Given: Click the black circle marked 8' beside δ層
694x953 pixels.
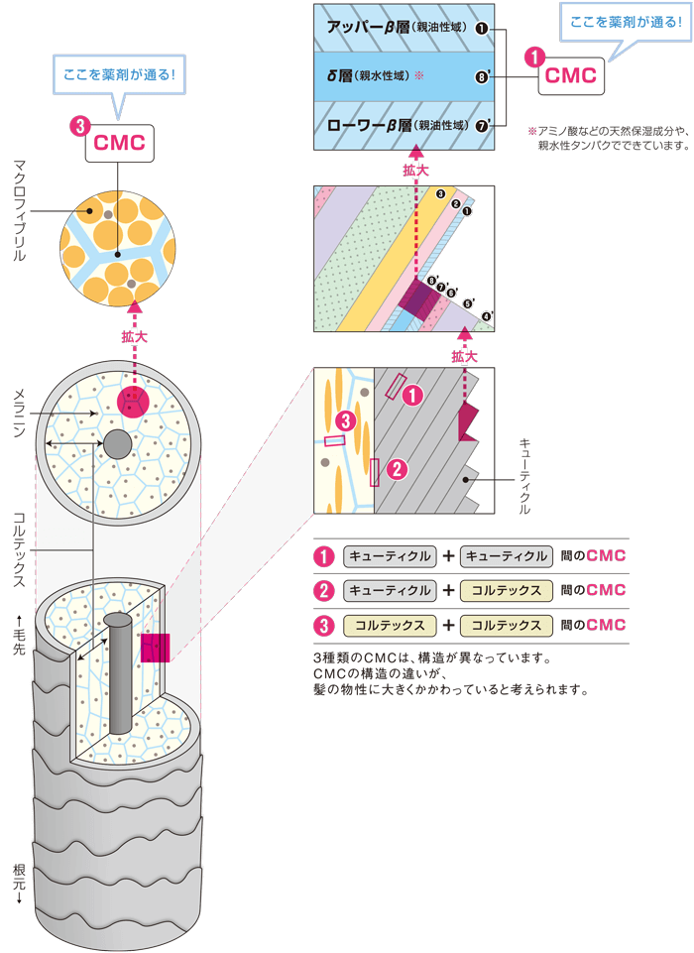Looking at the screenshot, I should [x=481, y=75].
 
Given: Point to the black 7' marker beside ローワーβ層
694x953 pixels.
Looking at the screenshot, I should [x=481, y=126].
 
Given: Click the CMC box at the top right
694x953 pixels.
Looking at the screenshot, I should [x=571, y=75].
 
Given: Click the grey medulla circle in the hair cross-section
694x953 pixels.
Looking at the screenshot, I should [x=117, y=444].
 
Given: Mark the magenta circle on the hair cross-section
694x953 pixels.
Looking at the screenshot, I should [x=133, y=403].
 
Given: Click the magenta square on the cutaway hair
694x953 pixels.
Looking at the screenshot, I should [x=156, y=648].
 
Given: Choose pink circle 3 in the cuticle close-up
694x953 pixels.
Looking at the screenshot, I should [x=344, y=420].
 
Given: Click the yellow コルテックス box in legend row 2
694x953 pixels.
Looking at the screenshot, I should [x=507, y=591].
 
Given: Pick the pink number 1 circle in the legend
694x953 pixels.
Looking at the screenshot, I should [x=322, y=556].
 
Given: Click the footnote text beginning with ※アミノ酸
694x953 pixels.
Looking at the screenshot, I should [x=607, y=138].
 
